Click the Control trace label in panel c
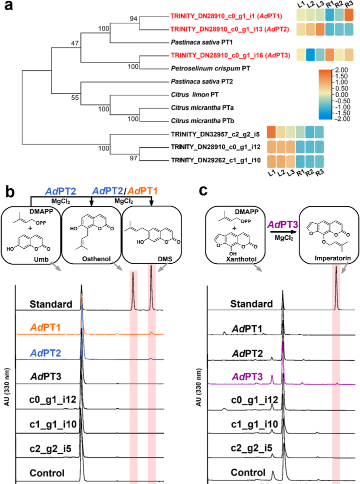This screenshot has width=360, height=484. click(x=249, y=471)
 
